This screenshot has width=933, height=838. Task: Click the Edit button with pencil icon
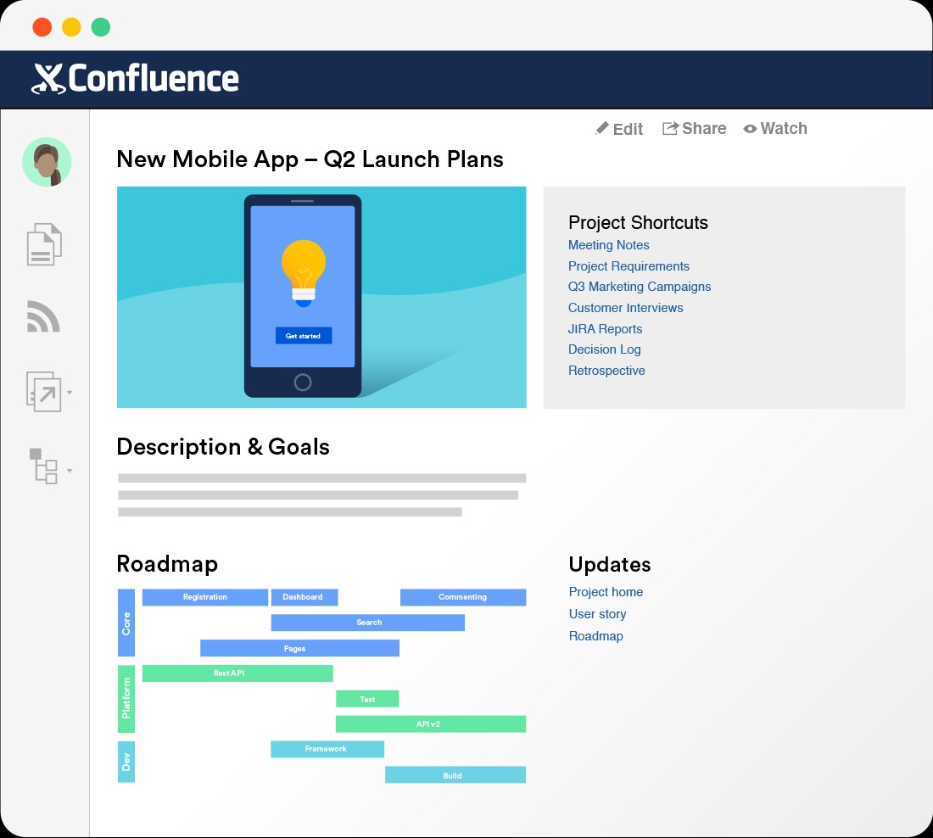pyautogui.click(x=619, y=129)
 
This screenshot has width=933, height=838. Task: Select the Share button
pyautogui.click(x=694, y=128)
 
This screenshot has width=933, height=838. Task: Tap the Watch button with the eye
pyautogui.click(x=775, y=129)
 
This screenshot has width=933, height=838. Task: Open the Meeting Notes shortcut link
pyautogui.click(x=608, y=245)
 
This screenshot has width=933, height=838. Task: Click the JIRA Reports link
pyautogui.click(x=605, y=329)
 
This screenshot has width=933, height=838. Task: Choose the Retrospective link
pyautogui.click(x=606, y=371)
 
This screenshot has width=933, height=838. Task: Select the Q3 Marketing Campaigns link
pyautogui.click(x=640, y=287)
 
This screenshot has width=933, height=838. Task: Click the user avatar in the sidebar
pyautogui.click(x=47, y=162)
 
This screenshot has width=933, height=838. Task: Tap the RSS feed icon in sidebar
pyautogui.click(x=44, y=317)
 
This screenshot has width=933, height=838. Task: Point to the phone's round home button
pyautogui.click(x=303, y=382)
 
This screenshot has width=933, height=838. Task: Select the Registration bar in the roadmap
pyautogui.click(x=204, y=597)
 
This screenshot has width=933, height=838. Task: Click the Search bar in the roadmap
pyautogui.click(x=368, y=623)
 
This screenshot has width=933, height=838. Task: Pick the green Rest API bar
pyautogui.click(x=237, y=673)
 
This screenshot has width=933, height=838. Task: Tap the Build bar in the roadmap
pyautogui.click(x=455, y=775)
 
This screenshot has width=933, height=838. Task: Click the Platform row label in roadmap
pyautogui.click(x=126, y=699)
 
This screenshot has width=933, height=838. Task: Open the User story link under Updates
pyautogui.click(x=597, y=614)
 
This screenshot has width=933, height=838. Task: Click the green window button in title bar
pyautogui.click(x=101, y=27)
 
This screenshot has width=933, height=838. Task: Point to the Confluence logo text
pyautogui.click(x=153, y=79)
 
